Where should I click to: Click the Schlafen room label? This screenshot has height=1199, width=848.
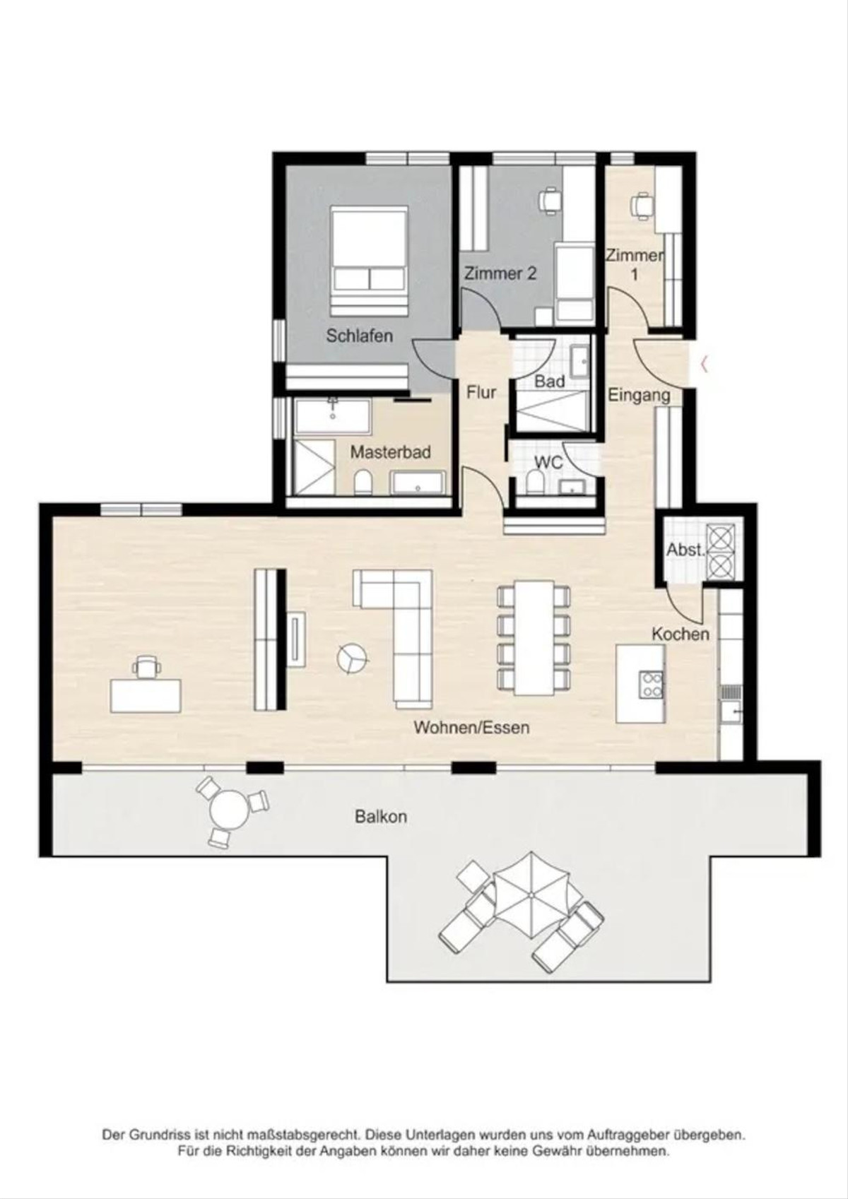(359, 336)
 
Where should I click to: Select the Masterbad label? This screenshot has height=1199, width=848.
(390, 451)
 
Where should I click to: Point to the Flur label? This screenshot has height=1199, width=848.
(481, 392)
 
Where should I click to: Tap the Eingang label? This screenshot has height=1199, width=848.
(639, 396)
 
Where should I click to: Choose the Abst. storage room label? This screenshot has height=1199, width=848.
(685, 549)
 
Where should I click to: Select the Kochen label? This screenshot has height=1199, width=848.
(681, 634)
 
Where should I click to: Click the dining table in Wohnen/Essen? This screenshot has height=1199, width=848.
(534, 637)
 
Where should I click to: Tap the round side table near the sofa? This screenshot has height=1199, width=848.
(352, 658)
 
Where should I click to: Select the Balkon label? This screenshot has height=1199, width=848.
(381, 817)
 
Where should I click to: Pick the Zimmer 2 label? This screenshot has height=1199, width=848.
(500, 273)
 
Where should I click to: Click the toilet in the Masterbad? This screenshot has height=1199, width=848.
(363, 483)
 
